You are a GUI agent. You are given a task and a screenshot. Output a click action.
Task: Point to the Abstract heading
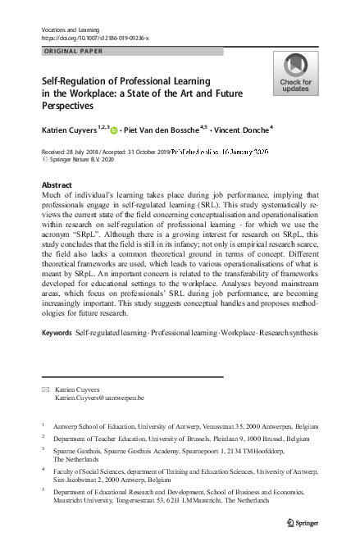[56, 185]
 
